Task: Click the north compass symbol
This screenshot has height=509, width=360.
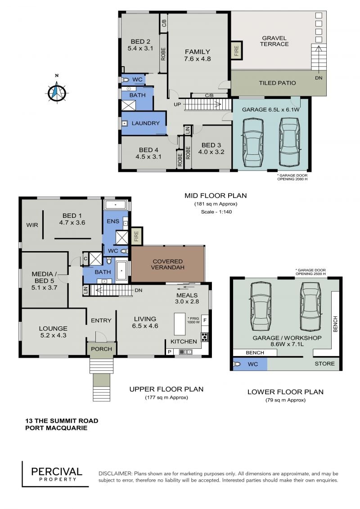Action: (57, 92)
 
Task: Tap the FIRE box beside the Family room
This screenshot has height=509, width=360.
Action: (236, 50)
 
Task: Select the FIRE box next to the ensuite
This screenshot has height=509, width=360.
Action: (136, 236)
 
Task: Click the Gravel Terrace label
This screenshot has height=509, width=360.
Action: (274, 41)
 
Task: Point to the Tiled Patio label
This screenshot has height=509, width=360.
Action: (277, 83)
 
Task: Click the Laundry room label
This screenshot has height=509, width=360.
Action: (145, 123)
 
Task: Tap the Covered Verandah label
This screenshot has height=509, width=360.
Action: (167, 264)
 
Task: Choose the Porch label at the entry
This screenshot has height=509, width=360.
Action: (101, 349)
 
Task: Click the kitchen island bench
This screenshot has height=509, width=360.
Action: (180, 324)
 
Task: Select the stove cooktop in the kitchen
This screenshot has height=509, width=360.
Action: (204, 337)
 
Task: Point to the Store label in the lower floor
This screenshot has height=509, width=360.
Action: (324, 364)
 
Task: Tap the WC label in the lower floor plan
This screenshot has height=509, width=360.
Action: (253, 364)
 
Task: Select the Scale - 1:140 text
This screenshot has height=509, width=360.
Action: (216, 212)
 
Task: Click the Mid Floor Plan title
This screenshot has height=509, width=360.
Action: (216, 195)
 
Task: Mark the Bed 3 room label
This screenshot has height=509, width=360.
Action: (211, 149)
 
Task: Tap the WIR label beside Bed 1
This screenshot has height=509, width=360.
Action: (32, 225)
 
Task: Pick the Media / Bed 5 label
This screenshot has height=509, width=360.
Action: (44, 280)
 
